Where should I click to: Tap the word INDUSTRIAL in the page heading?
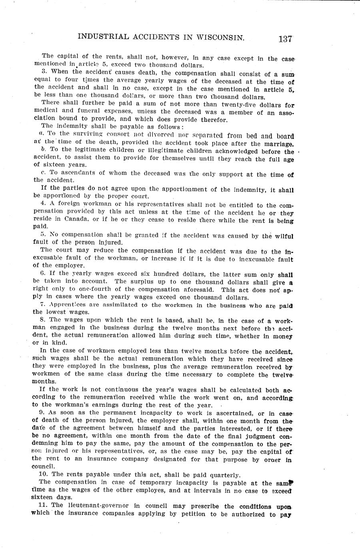(x=102, y=37)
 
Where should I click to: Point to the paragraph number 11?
(x=35, y=506)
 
